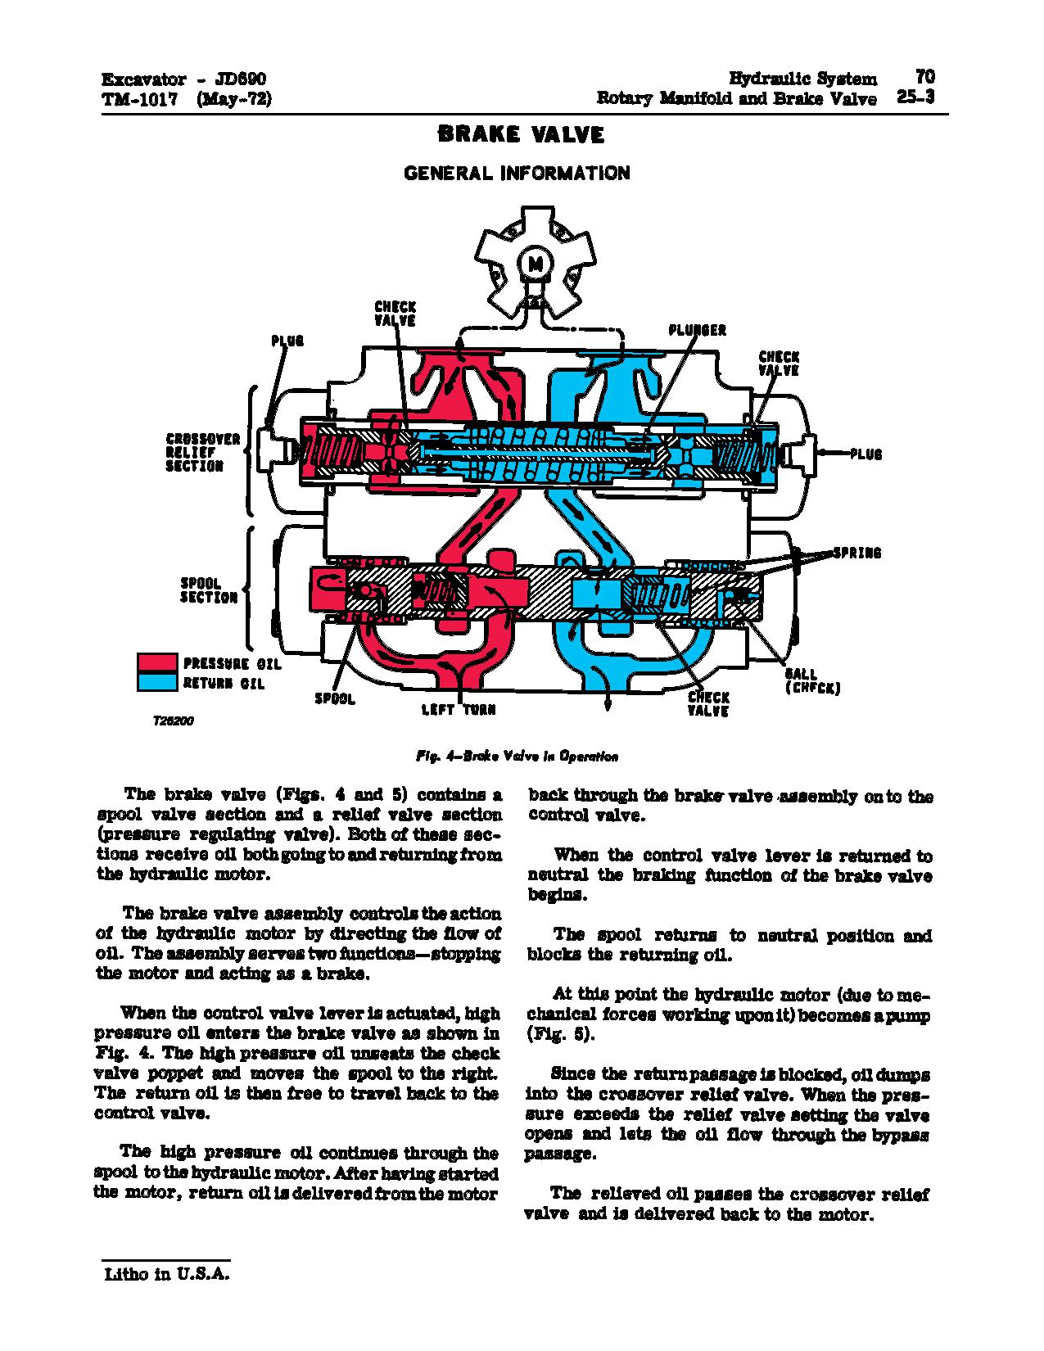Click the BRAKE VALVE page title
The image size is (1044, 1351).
pos(522,135)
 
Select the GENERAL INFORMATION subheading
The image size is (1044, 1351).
pos(517,174)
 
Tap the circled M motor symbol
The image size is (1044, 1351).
pos(536,264)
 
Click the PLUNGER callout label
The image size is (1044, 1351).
pos(697,330)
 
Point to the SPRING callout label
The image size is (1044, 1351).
pos(857,554)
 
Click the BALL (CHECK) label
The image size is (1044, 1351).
pos(812,681)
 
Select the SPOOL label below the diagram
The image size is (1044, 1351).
pos(335,699)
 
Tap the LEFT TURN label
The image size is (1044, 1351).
pos(459,710)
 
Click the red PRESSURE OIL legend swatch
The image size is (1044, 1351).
pos(157,663)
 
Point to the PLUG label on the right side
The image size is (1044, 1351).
pos(865,454)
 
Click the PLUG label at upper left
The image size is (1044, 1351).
pos(287,341)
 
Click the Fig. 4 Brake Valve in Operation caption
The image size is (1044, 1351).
pos(516,757)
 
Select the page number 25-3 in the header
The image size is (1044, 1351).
pos(915,97)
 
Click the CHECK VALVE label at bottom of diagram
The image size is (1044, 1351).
pos(708,703)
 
